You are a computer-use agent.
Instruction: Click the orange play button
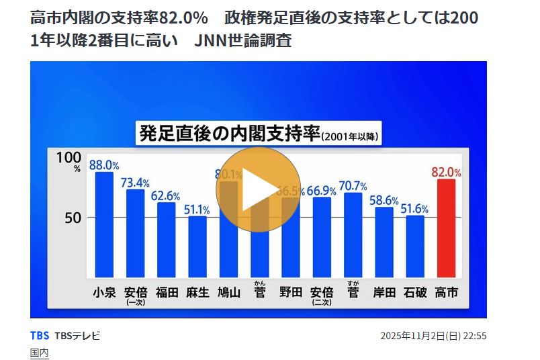coord(259,188)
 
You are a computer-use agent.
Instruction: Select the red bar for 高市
coord(446,228)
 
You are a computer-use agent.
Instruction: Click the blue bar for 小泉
coord(104,225)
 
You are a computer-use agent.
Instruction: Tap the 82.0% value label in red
coord(446,172)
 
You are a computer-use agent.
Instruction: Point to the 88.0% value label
coord(104,165)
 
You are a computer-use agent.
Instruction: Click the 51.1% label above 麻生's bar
coord(197,209)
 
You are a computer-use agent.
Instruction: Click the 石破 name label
coord(415,292)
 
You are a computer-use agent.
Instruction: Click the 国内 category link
coord(40,352)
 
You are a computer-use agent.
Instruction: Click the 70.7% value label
coord(353,185)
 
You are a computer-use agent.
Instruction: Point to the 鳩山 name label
coord(228,292)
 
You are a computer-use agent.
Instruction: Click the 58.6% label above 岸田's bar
coord(384,200)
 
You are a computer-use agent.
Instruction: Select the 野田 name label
coord(290,292)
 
